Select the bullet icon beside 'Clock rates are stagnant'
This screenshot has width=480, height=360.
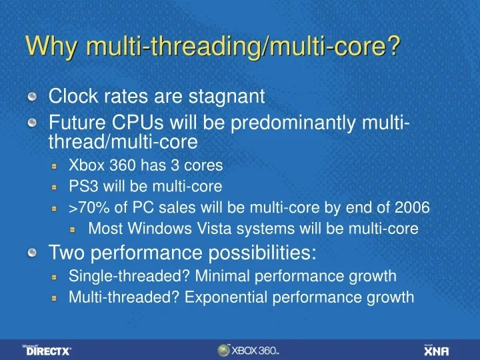pyautogui.click(x=33, y=97)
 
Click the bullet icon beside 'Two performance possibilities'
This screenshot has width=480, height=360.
pyautogui.click(x=33, y=253)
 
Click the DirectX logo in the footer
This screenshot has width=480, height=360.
pyautogui.click(x=48, y=349)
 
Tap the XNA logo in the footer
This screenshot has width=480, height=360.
pyautogui.click(x=436, y=350)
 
